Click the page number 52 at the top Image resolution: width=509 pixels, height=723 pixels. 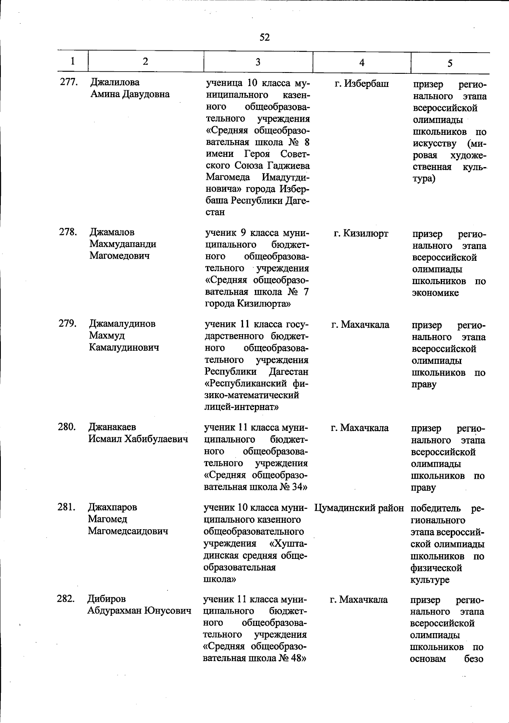[x=264, y=37]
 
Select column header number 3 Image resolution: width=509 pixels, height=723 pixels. [x=258, y=62]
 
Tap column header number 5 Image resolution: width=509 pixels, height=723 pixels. [x=450, y=63]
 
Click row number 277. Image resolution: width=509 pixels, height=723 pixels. [x=68, y=82]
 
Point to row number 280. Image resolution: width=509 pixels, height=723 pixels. [x=67, y=427]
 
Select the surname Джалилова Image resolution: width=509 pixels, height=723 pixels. [x=115, y=82]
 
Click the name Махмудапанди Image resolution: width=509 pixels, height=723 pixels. [x=123, y=244]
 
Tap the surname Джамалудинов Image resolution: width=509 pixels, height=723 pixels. [x=122, y=324]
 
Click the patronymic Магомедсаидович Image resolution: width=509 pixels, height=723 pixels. [x=128, y=531]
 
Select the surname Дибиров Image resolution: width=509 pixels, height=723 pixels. [x=106, y=599]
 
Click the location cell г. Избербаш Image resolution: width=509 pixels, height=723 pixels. [x=361, y=84]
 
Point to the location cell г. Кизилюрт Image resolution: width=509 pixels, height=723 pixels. [x=361, y=234]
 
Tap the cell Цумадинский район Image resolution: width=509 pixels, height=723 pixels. [x=359, y=508]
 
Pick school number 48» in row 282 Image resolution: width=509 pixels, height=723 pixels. [x=293, y=658]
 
